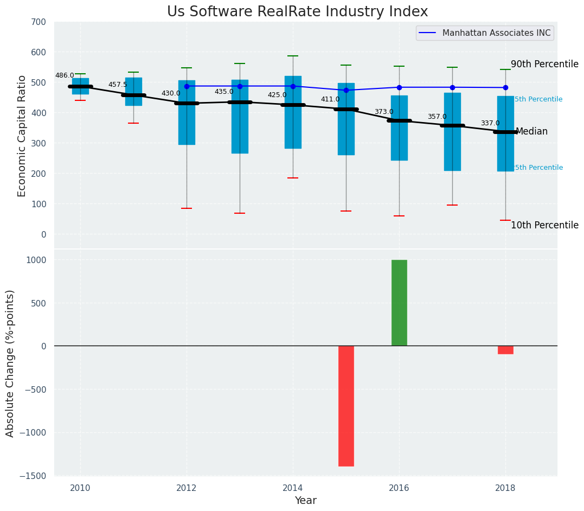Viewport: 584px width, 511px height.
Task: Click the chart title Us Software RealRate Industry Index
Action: [297, 12]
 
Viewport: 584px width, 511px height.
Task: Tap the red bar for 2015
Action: [346, 406]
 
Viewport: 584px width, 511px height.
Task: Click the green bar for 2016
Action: [399, 303]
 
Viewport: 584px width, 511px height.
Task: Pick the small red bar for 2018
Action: [505, 350]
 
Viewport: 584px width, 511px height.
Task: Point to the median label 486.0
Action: [65, 76]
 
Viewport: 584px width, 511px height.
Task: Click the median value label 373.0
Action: [384, 112]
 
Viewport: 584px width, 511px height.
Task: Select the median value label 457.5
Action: [118, 85]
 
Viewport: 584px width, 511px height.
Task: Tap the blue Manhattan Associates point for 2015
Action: [346, 90]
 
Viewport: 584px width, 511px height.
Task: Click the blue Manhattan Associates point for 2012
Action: [187, 86]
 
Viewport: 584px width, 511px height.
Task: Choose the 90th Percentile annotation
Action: [544, 64]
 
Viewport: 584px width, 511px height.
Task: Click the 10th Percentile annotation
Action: [544, 225]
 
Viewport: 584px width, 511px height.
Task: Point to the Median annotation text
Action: [531, 132]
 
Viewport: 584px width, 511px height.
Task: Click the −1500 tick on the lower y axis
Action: [39, 476]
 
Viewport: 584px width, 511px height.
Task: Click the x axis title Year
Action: [306, 501]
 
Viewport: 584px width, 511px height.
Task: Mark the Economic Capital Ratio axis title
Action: [22, 136]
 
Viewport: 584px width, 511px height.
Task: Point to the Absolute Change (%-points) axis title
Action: [10, 363]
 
